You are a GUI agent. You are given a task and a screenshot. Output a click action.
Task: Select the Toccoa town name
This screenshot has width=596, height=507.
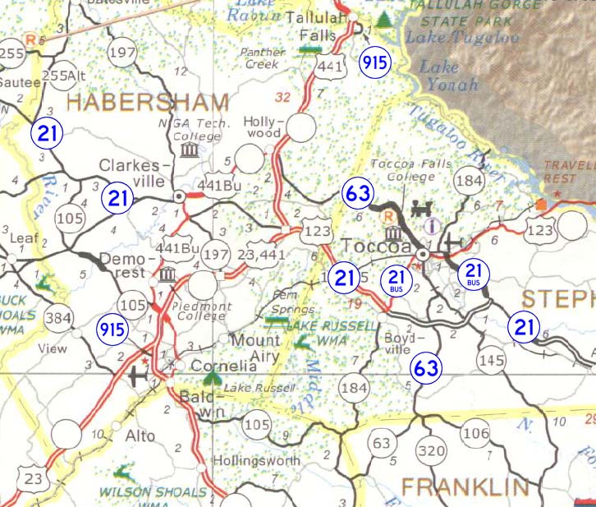click(x=377, y=247)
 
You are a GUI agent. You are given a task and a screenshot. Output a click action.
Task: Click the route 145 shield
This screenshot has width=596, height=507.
click(x=491, y=360)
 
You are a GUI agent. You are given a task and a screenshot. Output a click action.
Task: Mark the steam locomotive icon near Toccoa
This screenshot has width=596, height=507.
click(x=427, y=207)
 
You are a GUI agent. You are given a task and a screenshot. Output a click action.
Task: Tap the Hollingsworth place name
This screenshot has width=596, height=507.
click(x=256, y=461)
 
